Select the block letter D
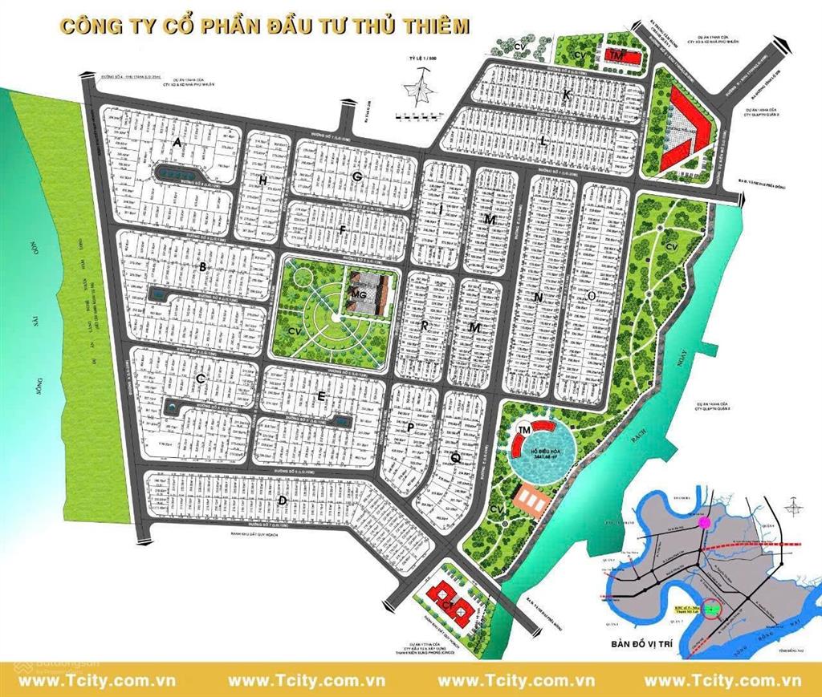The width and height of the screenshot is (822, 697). click(282, 501)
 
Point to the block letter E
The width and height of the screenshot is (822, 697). click(321, 397)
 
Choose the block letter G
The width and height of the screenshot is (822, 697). click(358, 176)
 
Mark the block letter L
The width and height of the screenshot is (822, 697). click(543, 141)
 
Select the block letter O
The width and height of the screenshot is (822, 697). click(592, 296)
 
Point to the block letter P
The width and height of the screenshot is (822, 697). click(410, 428)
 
